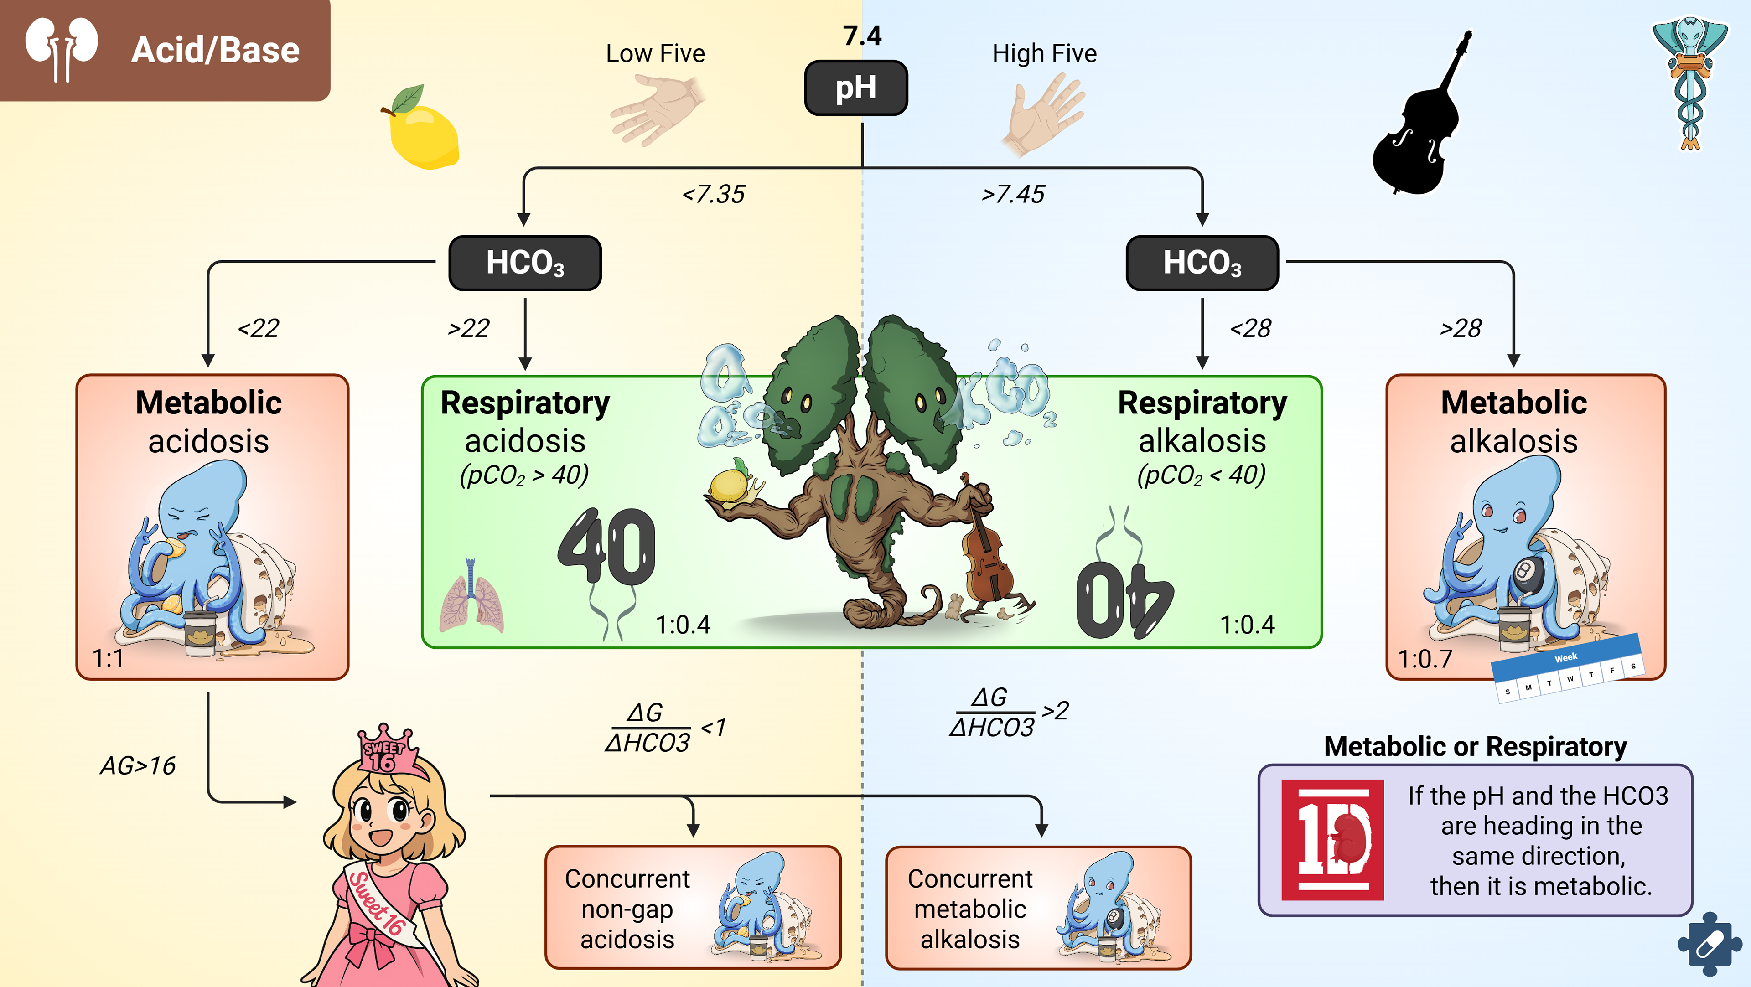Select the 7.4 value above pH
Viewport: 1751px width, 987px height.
click(x=862, y=36)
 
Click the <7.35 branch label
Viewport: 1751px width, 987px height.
click(x=714, y=194)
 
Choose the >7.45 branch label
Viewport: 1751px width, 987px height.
click(x=1013, y=194)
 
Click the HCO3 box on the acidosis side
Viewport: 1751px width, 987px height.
click(x=525, y=263)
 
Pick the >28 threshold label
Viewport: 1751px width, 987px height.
click(x=1460, y=328)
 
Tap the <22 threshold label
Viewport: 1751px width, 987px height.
click(x=258, y=328)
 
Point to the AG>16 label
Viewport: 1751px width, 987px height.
click(x=138, y=766)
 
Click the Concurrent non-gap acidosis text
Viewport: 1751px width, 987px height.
click(x=627, y=909)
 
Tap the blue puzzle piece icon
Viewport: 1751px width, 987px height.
click(x=1709, y=945)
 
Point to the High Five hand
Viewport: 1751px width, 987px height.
click(x=1043, y=112)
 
